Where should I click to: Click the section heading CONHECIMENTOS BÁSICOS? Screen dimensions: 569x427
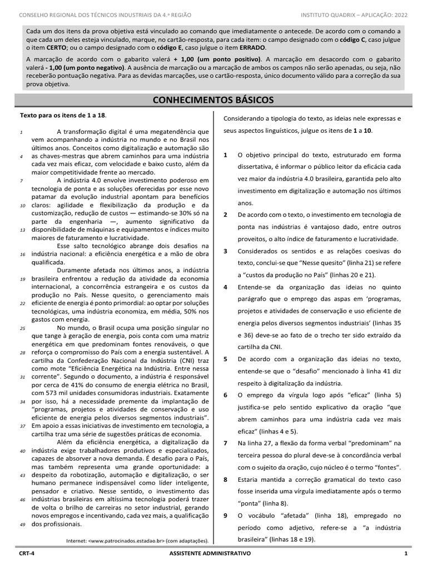(213, 100)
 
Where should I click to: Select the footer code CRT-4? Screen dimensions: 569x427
(27, 554)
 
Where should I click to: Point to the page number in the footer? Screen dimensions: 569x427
(406, 554)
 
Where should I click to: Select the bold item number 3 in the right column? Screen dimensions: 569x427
(225, 251)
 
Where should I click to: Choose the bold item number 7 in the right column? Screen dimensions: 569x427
(225, 443)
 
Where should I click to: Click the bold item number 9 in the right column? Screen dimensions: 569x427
(225, 516)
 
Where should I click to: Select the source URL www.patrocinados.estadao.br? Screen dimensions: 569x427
(130, 540)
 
